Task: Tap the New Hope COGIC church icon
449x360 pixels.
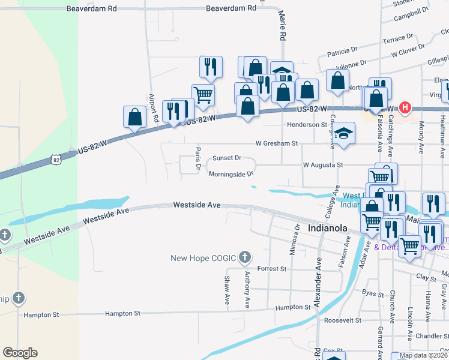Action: coord(244,258)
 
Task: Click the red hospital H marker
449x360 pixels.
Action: coord(406,108)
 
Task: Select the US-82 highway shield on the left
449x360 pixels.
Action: coord(56,160)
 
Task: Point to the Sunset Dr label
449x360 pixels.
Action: coord(226,158)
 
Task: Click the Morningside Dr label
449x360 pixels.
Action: coord(232,175)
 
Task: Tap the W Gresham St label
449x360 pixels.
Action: coord(277,143)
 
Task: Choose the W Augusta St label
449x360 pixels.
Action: coord(322,164)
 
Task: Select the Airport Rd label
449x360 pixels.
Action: coord(152,109)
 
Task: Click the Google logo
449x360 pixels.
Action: coord(20,353)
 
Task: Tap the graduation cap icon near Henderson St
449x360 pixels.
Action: coord(344,133)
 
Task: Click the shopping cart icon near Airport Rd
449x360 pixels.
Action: coord(203,94)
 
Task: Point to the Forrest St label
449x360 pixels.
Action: coord(271,269)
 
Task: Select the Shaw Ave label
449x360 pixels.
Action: coord(227,289)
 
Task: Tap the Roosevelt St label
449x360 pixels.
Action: coord(342,320)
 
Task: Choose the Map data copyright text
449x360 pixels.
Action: coord(423,356)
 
